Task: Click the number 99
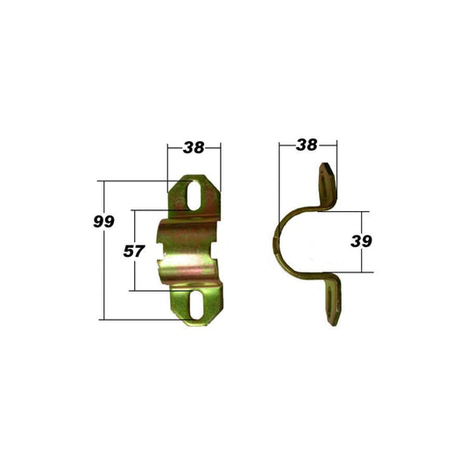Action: click(x=103, y=222)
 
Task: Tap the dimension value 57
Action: click(x=133, y=251)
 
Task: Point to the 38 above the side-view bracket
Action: click(x=306, y=145)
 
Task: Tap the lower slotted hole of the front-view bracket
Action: click(x=195, y=303)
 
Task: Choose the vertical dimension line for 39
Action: click(x=360, y=263)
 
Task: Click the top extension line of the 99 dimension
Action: click(x=136, y=181)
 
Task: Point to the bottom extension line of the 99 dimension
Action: click(x=140, y=319)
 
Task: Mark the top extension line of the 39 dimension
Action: click(x=346, y=210)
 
